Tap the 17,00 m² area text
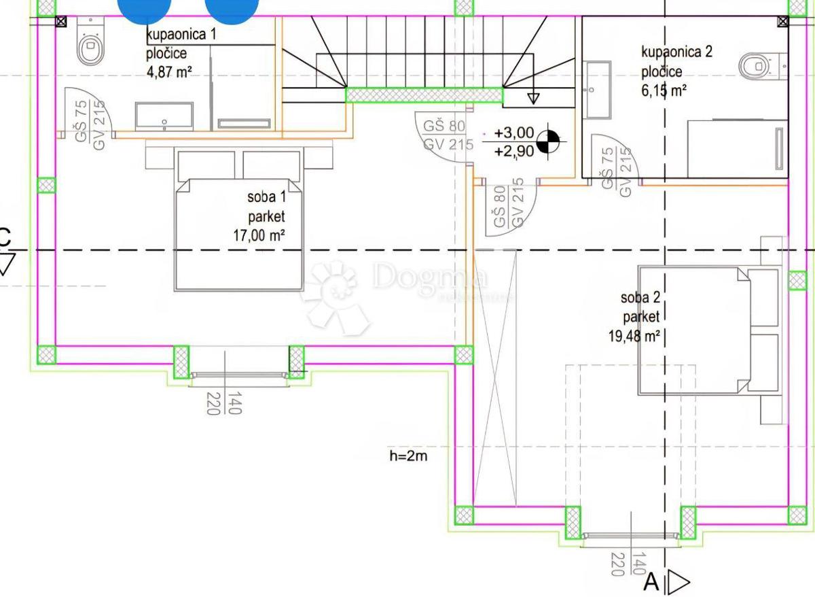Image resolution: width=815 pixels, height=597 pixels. click(258, 235)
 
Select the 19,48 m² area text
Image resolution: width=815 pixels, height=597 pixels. click(635, 335)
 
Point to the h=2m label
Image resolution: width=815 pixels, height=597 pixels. click(408, 456)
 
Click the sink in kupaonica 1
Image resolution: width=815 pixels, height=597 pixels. click(164, 116)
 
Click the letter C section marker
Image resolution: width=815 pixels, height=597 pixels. click(5, 238)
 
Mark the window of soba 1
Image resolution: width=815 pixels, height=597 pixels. click(239, 375)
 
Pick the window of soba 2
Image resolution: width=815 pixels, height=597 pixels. click(630, 536)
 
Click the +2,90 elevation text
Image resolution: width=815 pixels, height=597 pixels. click(513, 151)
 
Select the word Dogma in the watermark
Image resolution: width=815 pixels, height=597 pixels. click(430, 277)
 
